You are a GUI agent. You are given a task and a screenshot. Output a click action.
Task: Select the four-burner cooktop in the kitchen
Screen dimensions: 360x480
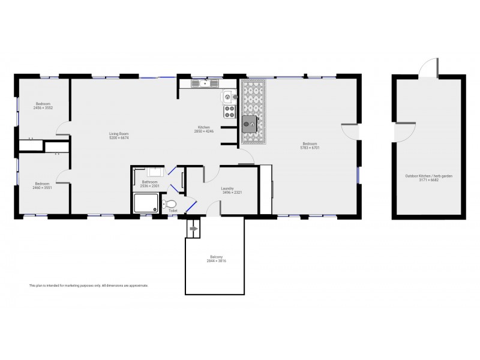229,112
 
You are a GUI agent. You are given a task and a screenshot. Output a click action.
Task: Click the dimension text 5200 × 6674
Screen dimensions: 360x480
119,138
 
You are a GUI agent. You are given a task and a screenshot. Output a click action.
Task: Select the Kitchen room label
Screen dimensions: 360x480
204,127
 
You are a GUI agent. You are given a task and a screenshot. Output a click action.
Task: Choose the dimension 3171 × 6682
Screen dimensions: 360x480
428,179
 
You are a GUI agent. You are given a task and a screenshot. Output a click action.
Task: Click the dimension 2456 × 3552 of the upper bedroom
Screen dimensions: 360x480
42,108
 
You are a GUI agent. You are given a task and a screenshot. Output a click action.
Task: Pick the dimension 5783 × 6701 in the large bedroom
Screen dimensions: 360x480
310,148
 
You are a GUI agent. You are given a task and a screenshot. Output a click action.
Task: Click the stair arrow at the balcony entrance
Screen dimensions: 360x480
193,228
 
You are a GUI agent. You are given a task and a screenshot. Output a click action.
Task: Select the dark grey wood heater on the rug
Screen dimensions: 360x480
248,124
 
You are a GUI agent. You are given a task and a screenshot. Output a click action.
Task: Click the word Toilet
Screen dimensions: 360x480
173,211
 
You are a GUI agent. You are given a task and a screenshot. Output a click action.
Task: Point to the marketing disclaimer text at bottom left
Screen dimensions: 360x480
88,286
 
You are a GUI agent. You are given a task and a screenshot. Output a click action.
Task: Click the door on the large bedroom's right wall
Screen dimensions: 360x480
350,133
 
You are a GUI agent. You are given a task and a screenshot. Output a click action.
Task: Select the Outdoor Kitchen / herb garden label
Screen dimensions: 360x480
428,176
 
